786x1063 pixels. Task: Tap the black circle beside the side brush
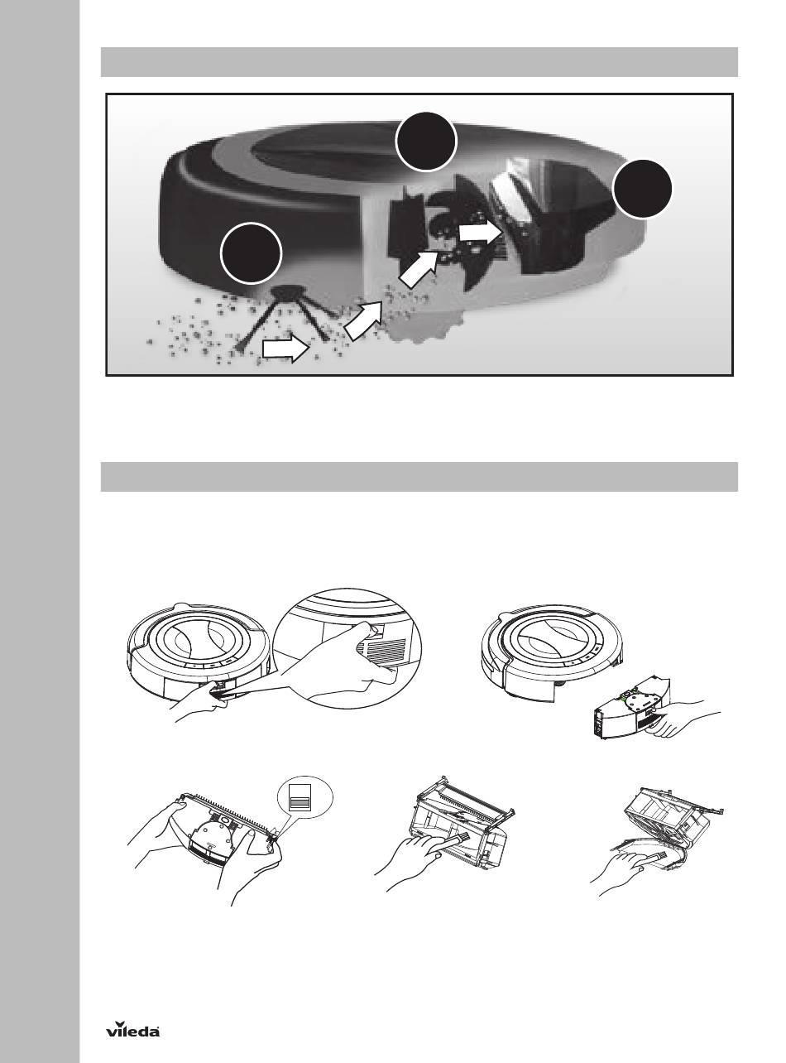251,253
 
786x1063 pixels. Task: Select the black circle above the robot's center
425,142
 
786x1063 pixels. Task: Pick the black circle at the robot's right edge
642,189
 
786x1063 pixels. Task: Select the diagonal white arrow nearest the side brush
363,320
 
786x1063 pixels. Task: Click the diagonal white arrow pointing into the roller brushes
418,270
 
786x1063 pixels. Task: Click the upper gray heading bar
419,62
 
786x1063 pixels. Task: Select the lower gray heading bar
419,476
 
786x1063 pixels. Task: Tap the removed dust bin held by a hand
630,713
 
